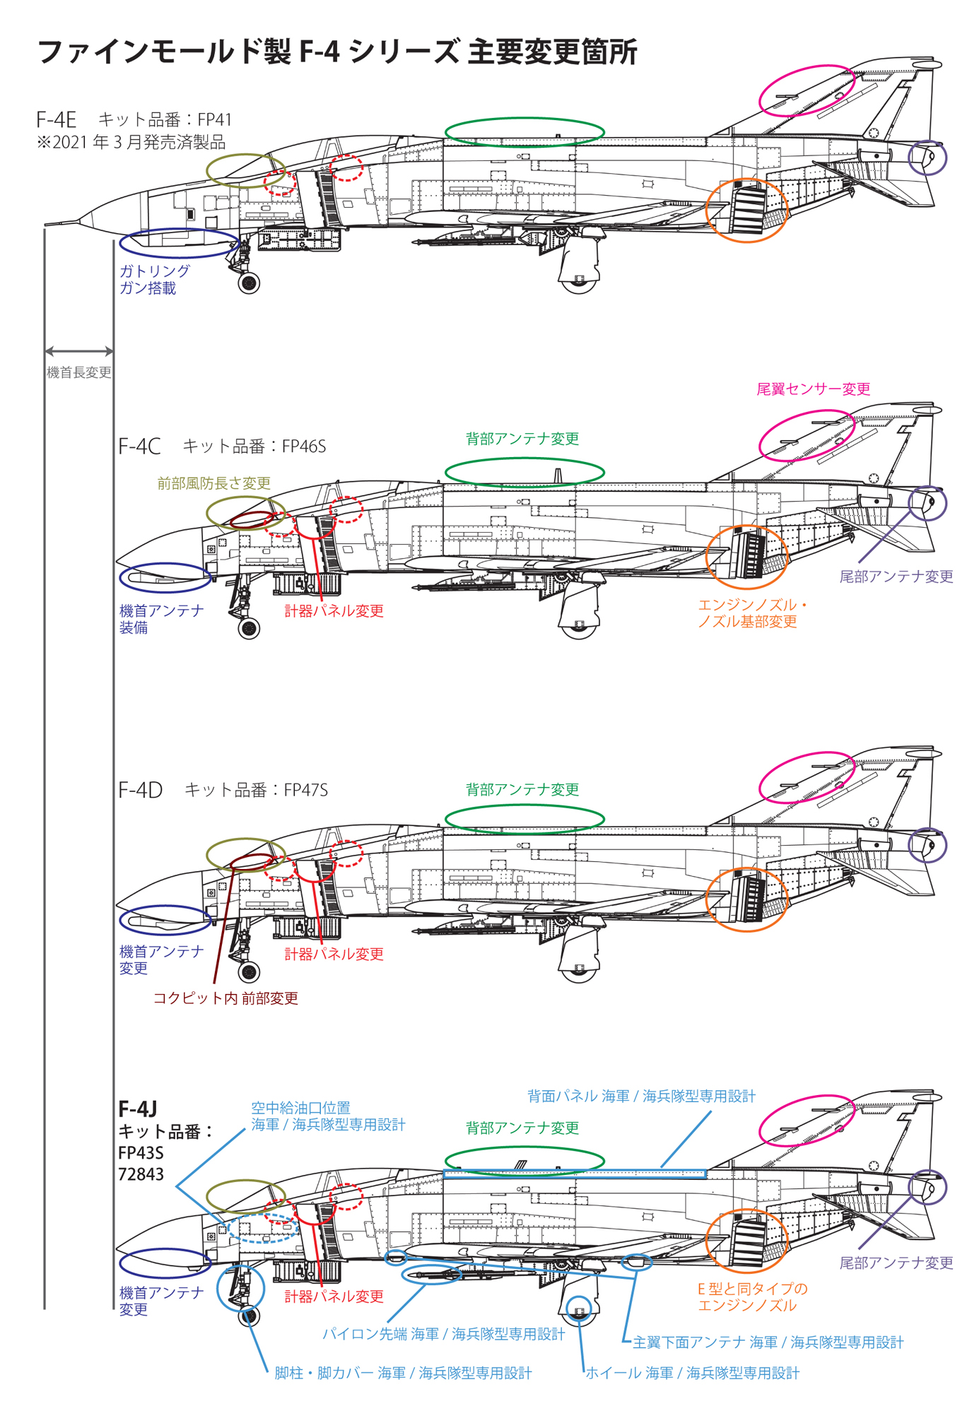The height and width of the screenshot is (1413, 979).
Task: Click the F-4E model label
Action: coord(56,119)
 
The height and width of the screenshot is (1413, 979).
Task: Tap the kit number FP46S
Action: coord(303,447)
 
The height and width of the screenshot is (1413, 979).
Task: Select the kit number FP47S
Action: coord(305,790)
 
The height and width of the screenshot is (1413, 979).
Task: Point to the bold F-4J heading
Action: coord(138,1108)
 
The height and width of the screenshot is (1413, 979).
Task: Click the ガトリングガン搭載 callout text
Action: coord(154,280)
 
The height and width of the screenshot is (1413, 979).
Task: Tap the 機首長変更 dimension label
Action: coord(78,372)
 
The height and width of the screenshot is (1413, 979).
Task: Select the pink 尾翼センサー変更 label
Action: coord(813,389)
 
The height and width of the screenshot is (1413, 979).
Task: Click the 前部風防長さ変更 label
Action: coord(213,483)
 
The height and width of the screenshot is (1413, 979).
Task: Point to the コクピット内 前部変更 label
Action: coord(225,998)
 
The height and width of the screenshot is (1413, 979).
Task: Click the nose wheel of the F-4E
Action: coord(249,283)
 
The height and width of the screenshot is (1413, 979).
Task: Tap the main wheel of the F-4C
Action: coord(579,627)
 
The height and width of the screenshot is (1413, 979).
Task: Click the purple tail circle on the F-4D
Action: coord(927,845)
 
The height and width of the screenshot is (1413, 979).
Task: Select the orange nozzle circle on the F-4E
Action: coord(746,211)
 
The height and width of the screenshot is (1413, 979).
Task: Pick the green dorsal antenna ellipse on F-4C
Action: coord(524,472)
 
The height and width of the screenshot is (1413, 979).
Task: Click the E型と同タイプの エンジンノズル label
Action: coord(752,1297)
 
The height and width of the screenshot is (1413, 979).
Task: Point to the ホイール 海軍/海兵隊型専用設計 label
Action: coord(692,1373)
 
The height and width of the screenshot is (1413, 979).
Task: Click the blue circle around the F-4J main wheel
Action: coord(579,1311)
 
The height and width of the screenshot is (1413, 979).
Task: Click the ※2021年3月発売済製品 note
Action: coord(131,142)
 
